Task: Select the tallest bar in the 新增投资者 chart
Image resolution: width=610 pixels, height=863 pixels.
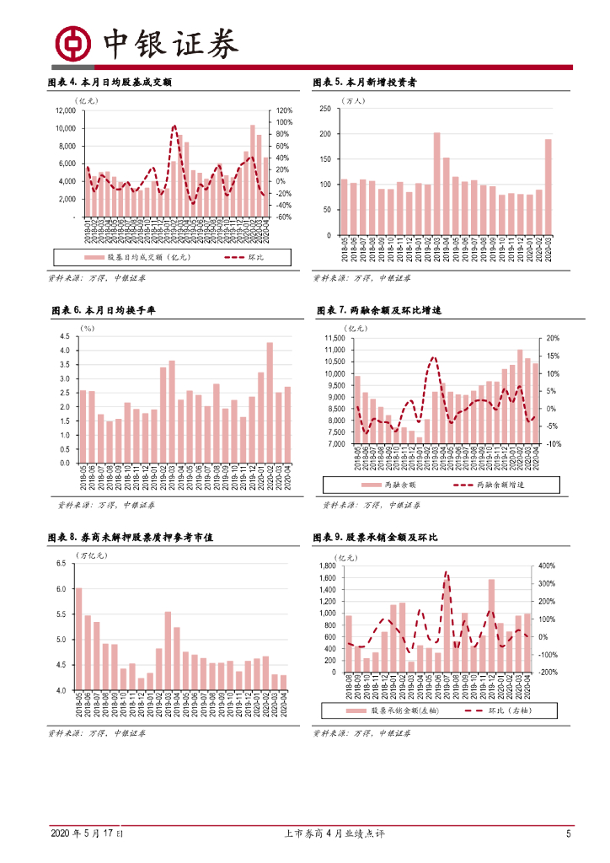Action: (x=436, y=184)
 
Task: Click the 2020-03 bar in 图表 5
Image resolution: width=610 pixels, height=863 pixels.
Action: (x=548, y=187)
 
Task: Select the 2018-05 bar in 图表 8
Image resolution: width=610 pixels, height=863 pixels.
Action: (x=78, y=639)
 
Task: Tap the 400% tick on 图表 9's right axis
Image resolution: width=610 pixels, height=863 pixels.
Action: (x=545, y=566)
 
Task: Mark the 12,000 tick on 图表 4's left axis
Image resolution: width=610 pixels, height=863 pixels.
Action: (x=64, y=110)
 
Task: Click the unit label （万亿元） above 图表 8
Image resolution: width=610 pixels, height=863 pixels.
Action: (x=93, y=555)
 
